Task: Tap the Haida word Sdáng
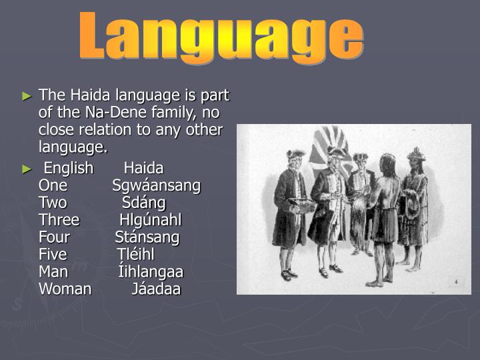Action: [144, 202]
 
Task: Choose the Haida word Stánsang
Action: [147, 237]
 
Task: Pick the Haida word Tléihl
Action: [136, 254]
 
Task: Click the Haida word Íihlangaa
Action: [151, 271]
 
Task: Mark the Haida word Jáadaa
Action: [156, 289]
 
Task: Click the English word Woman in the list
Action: [65, 289]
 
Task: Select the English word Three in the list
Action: [59, 219]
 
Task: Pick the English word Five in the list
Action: [53, 254]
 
